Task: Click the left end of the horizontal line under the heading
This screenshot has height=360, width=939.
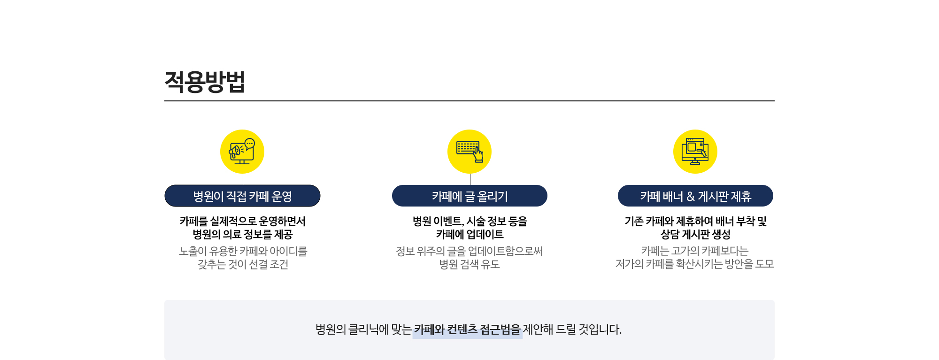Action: coord(164,100)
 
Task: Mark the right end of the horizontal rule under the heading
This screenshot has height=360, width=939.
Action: coord(775,100)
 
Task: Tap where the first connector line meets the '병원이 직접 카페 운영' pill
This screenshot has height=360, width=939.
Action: coord(243,185)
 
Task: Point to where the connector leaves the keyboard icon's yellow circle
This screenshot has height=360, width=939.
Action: coord(470,174)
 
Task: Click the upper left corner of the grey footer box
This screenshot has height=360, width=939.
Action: coord(164,300)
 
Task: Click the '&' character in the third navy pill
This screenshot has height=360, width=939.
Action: coord(690,196)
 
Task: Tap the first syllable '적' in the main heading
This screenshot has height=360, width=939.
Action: coord(175,82)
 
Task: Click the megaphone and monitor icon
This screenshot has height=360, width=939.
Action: coord(242,151)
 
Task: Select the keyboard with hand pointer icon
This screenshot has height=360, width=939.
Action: coord(469,152)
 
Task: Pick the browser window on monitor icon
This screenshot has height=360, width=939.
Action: coord(695,151)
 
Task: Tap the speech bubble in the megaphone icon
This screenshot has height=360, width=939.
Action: coord(250,144)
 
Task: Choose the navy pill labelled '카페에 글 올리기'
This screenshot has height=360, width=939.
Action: coord(469,196)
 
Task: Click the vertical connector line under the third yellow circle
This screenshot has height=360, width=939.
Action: coord(696,179)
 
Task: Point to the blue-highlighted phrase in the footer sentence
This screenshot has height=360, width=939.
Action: coord(468,329)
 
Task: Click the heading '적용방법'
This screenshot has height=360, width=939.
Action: coord(205,82)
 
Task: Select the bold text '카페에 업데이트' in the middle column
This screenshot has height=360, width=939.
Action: coord(469,234)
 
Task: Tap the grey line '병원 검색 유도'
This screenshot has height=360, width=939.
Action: coord(469,264)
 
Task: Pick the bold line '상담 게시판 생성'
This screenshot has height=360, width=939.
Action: coord(695,234)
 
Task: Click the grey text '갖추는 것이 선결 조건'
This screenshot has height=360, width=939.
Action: coord(243,264)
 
